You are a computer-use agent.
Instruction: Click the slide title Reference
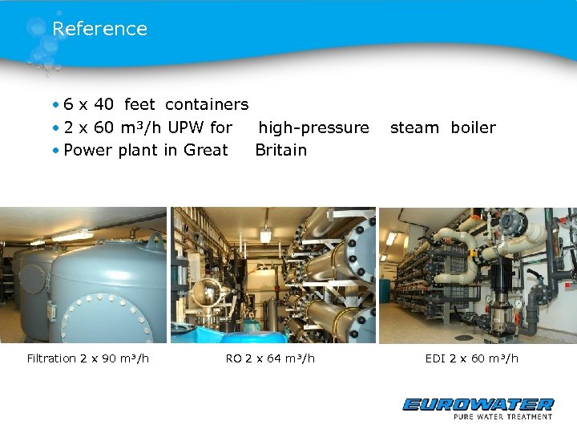[99, 29]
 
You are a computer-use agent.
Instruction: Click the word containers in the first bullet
[207, 104]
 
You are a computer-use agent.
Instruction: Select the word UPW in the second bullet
[185, 127]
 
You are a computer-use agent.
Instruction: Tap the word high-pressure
[313, 127]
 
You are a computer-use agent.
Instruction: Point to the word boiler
[473, 127]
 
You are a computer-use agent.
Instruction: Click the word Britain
[280, 150]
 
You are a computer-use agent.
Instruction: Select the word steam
[414, 127]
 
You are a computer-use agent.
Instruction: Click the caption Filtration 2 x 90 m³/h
[88, 358]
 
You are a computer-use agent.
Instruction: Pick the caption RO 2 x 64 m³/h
[270, 358]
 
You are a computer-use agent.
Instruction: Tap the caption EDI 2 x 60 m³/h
[471, 358]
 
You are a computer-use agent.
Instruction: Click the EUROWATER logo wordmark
[478, 405]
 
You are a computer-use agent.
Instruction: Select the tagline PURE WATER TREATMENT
[502, 417]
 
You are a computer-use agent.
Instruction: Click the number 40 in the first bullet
[103, 104]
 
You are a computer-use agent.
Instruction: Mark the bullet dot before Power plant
[57, 150]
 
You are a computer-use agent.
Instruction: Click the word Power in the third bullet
[86, 150]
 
